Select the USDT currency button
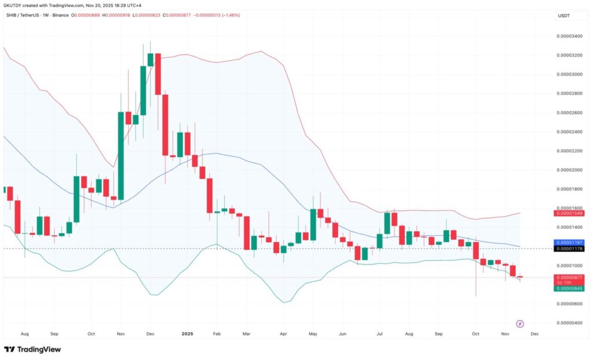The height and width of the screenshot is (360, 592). click(563, 16)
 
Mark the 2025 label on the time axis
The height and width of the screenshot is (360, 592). click(186, 334)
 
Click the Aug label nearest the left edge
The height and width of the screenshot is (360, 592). click(24, 334)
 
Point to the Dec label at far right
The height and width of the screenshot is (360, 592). click(535, 334)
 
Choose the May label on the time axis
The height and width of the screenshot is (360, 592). click(313, 334)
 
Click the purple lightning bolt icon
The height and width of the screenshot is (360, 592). click(520, 324)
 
